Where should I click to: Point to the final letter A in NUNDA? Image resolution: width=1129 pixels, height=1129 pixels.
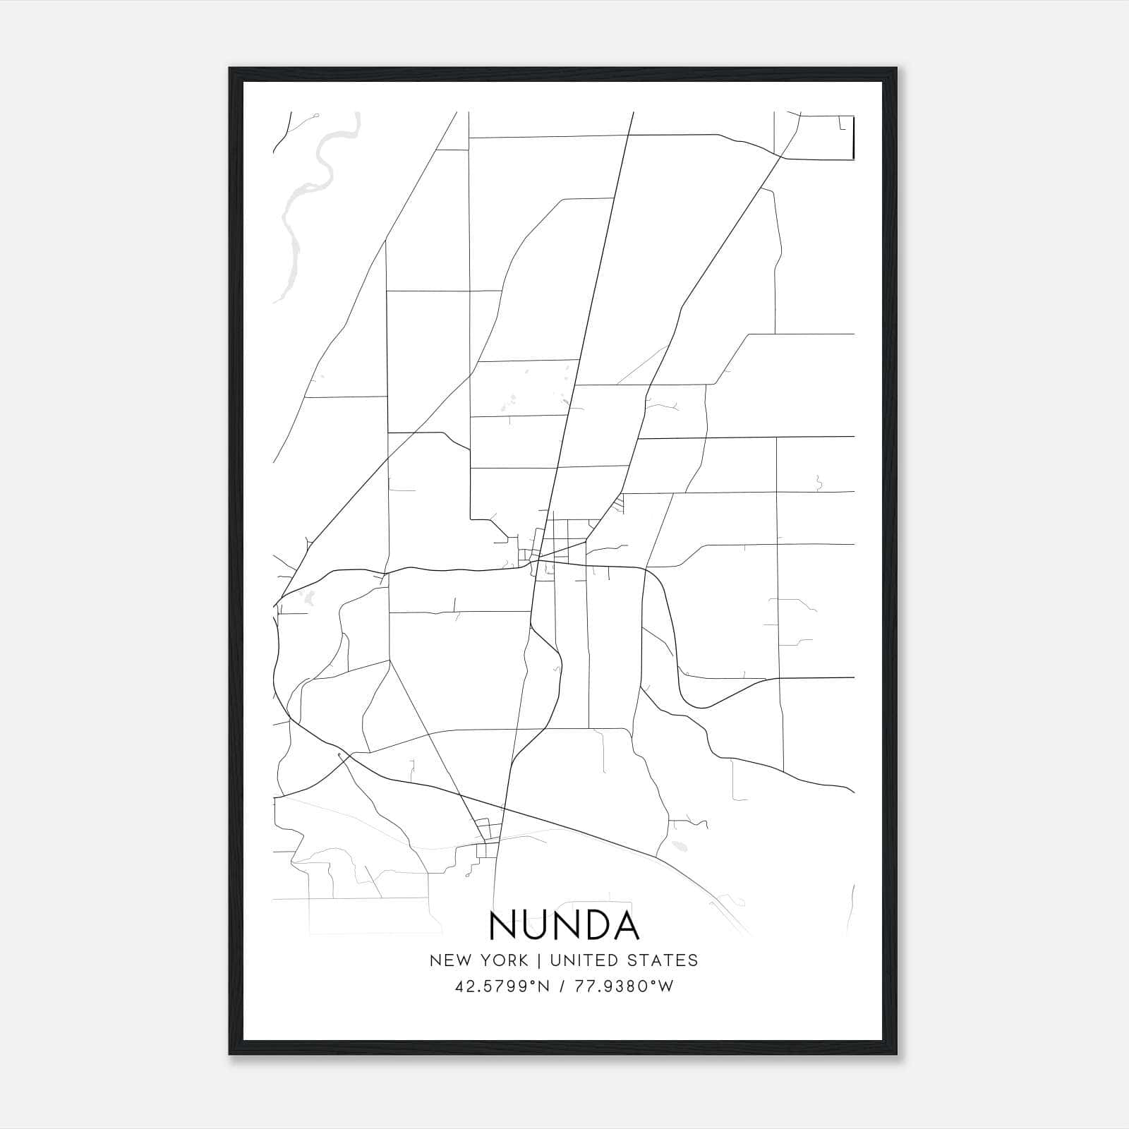pos(625,925)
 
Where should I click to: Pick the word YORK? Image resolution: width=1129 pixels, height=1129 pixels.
pos(502,960)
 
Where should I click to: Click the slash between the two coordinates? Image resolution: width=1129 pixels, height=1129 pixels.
pos(561,986)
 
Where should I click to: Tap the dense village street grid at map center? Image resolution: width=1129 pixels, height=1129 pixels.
pos(557,547)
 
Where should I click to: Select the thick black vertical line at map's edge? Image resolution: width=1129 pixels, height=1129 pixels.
pos(854,138)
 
